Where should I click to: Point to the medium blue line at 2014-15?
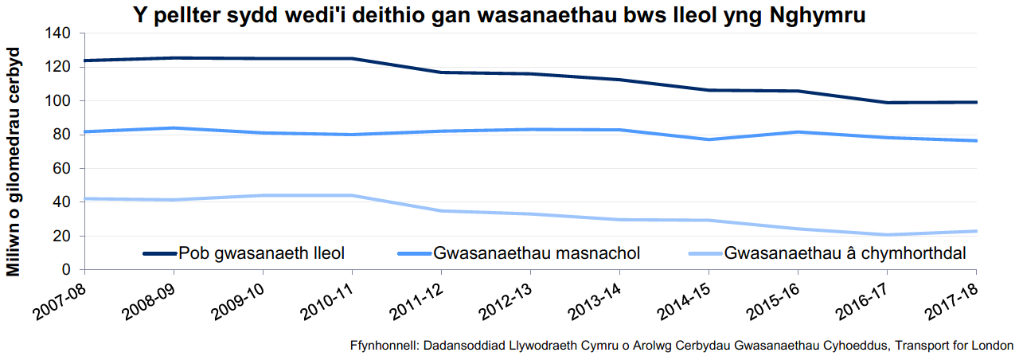tap(708, 139)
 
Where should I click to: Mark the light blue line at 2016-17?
tap(886, 235)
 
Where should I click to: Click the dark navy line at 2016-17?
tap(886, 103)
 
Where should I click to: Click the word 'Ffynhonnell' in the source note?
tap(383, 346)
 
